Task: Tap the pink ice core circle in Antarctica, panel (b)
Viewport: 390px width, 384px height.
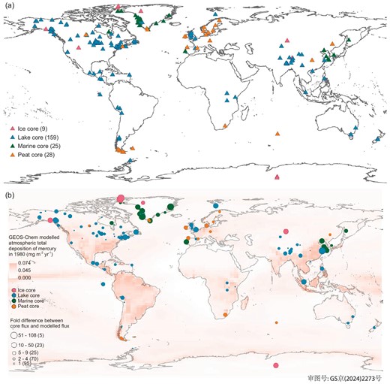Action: (277, 365)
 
